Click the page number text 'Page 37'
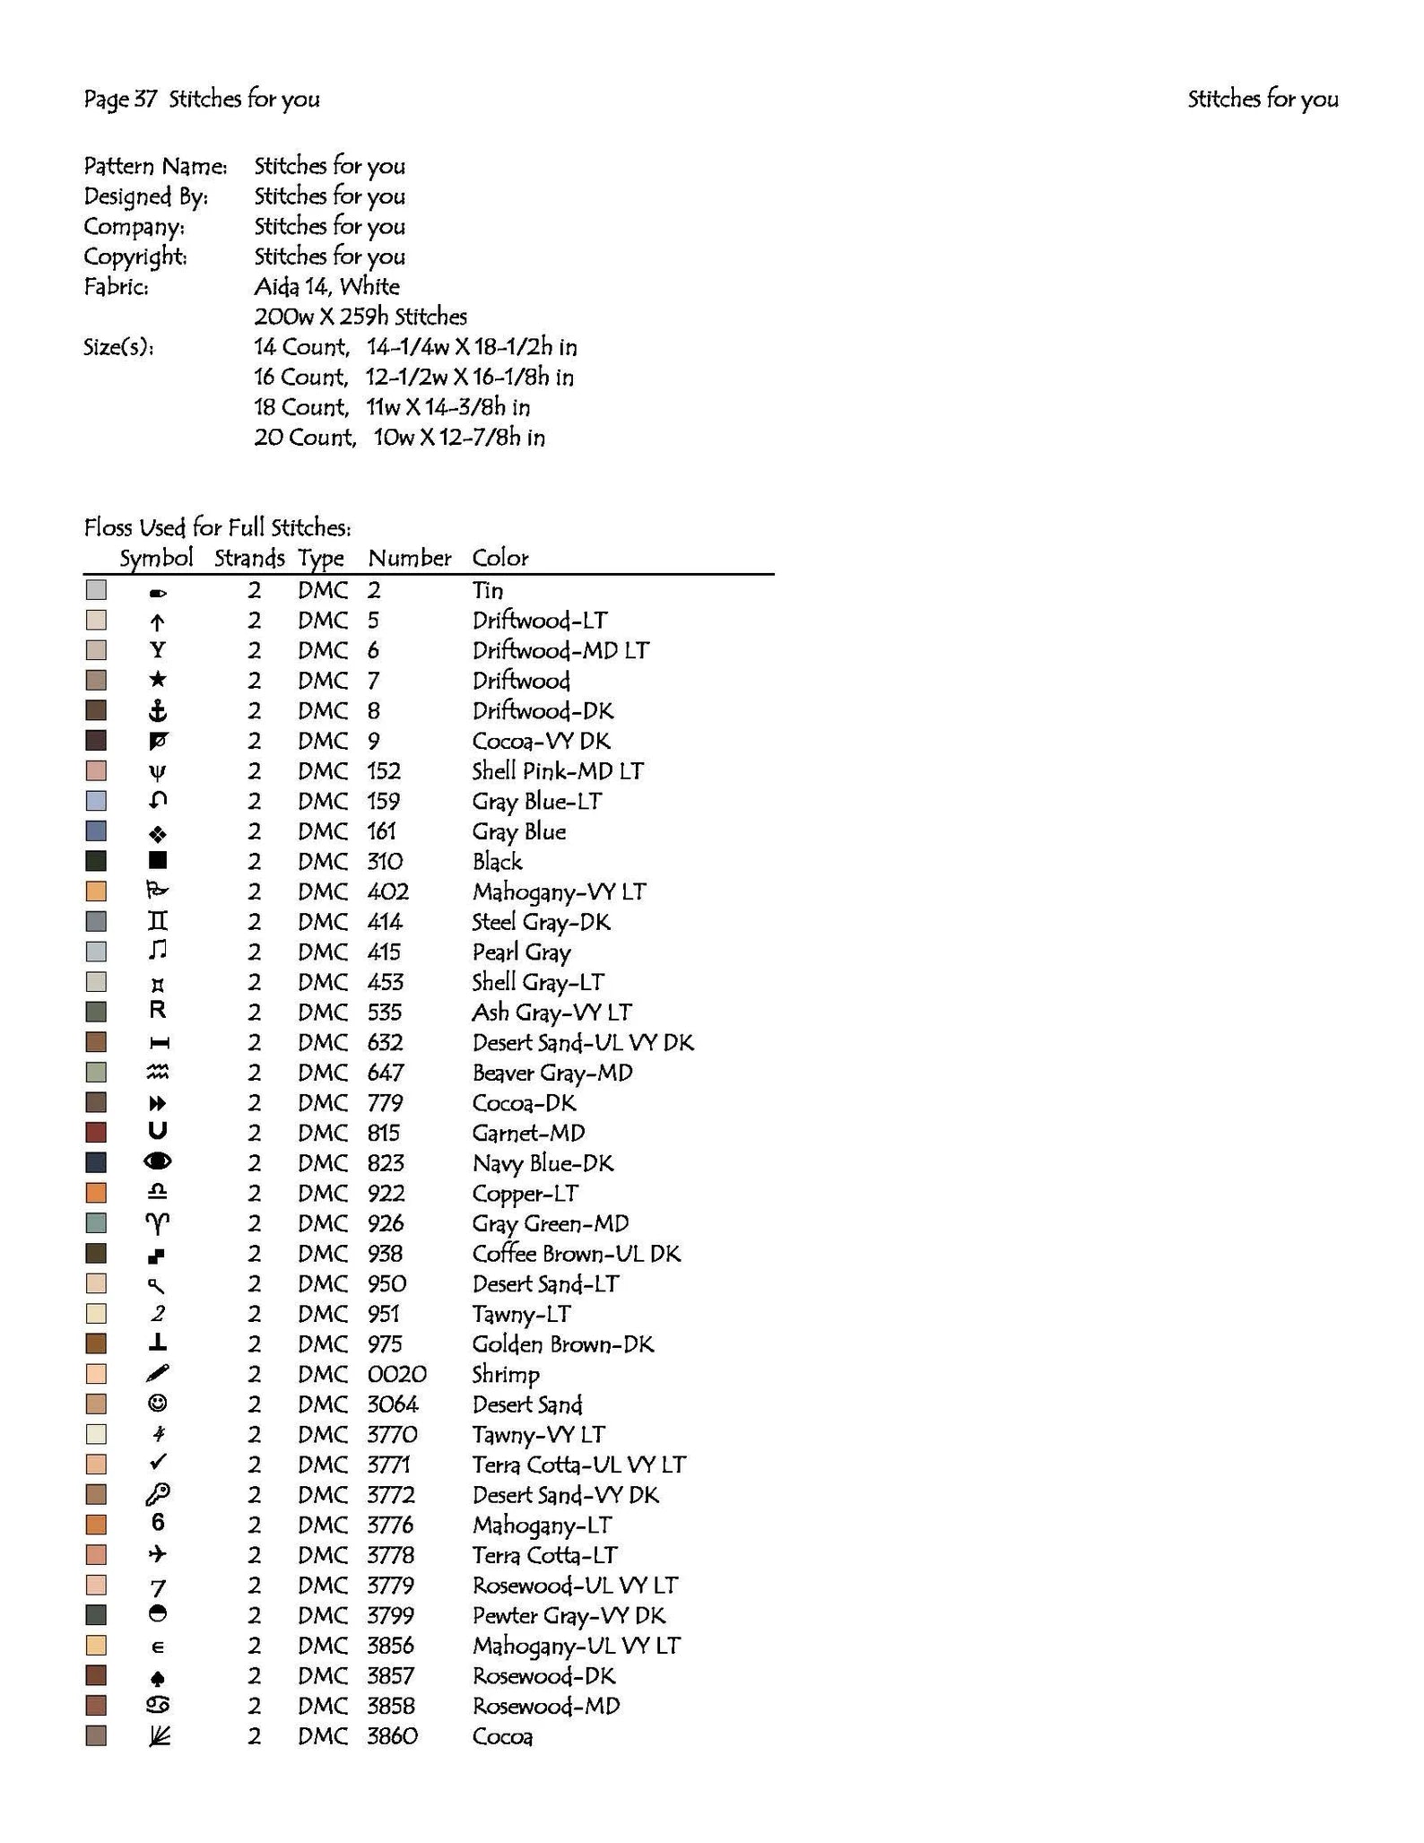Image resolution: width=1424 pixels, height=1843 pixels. [119, 99]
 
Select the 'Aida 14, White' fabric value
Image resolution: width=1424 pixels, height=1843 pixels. [326, 287]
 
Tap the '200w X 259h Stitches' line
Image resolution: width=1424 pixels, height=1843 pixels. [360, 317]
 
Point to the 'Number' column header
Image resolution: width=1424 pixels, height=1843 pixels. [409, 558]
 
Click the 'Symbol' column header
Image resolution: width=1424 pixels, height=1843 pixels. [156, 558]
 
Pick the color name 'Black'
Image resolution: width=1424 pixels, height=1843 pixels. [497, 862]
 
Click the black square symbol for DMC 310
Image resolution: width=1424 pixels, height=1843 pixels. [158, 861]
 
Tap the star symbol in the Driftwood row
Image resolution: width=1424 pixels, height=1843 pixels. [158, 680]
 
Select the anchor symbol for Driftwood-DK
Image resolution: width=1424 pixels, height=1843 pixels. [158, 711]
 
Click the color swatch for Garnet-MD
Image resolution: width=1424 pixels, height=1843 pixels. [96, 1133]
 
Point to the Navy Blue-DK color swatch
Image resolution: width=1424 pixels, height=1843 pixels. [96, 1163]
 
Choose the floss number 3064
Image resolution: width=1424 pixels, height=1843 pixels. [392, 1404]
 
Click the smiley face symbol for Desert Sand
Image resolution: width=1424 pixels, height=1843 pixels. [158, 1404]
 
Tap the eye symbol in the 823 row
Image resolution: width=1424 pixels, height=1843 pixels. [158, 1162]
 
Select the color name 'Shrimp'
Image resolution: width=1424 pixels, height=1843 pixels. [506, 1375]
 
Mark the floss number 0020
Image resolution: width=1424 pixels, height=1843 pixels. [396, 1374]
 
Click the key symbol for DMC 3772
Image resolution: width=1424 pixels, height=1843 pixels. [158, 1494]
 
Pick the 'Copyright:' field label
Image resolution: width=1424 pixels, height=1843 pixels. [135, 256]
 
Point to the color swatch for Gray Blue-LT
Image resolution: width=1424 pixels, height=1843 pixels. [96, 801]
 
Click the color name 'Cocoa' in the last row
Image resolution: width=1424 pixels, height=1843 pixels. [502, 1736]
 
